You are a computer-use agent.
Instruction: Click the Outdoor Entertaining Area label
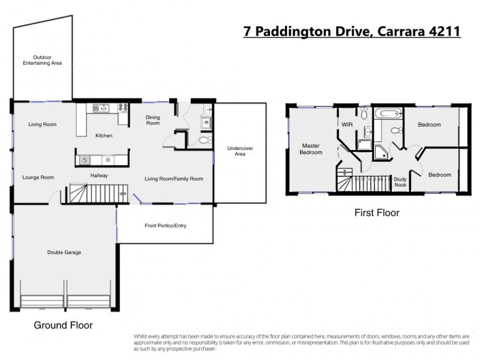tap(42, 60)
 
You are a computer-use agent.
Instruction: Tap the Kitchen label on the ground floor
tap(104, 136)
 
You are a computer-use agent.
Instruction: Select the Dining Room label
tap(153, 120)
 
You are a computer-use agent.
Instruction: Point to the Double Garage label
tap(64, 253)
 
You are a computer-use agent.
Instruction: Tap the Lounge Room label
tap(38, 178)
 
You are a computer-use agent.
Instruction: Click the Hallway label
tap(99, 176)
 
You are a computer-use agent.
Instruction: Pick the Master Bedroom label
tap(312, 149)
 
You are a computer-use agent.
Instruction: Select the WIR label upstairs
tap(346, 125)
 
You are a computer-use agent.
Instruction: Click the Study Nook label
tap(400, 182)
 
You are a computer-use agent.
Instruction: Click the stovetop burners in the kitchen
tap(124, 109)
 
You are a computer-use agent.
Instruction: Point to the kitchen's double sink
tap(97, 109)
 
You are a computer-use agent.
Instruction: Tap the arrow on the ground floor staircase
tap(123, 194)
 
